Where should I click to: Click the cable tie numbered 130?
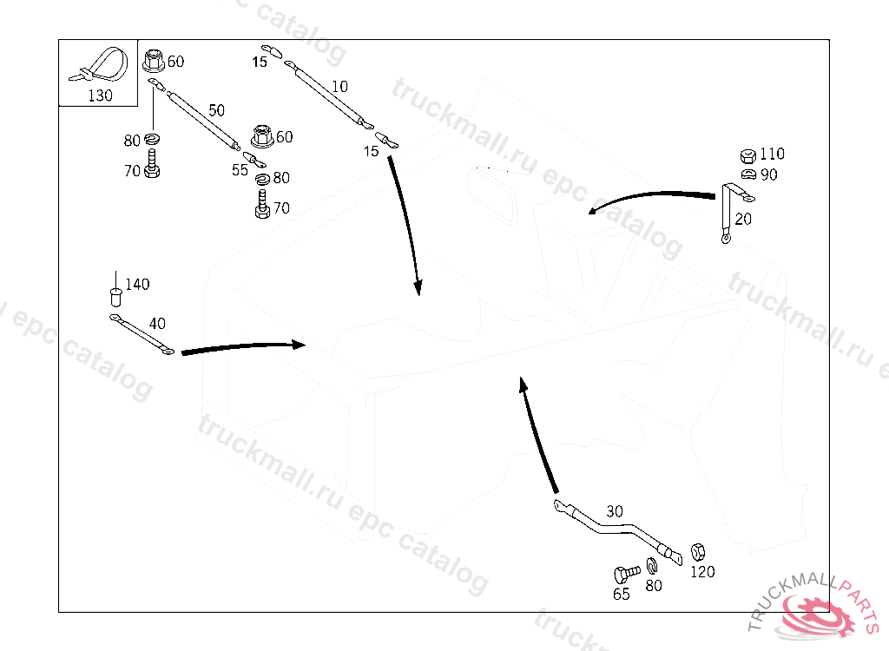tap(102, 64)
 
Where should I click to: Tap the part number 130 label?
tap(100, 95)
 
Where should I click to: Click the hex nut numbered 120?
tap(697, 552)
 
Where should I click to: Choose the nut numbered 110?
tap(746, 155)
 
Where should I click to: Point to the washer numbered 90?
tap(746, 174)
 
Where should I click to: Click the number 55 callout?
tap(240, 170)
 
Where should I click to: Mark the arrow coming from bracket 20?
tap(651, 197)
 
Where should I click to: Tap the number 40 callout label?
tap(157, 323)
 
